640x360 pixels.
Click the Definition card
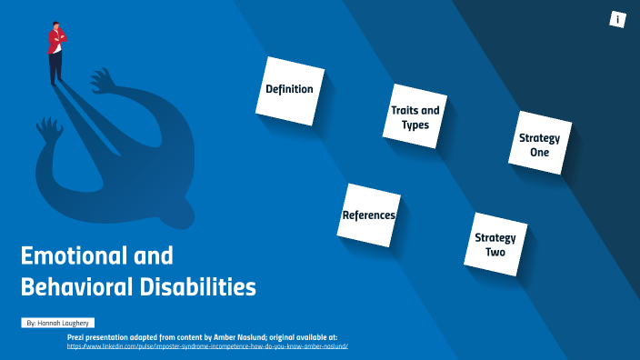point(289,89)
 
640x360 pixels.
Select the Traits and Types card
point(415,116)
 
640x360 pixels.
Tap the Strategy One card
point(540,144)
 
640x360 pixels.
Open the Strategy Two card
point(495,244)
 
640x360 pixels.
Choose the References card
point(368,215)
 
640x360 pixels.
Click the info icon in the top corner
point(618,19)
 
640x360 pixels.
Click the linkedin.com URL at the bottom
point(208,346)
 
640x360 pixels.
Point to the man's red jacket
point(57,40)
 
